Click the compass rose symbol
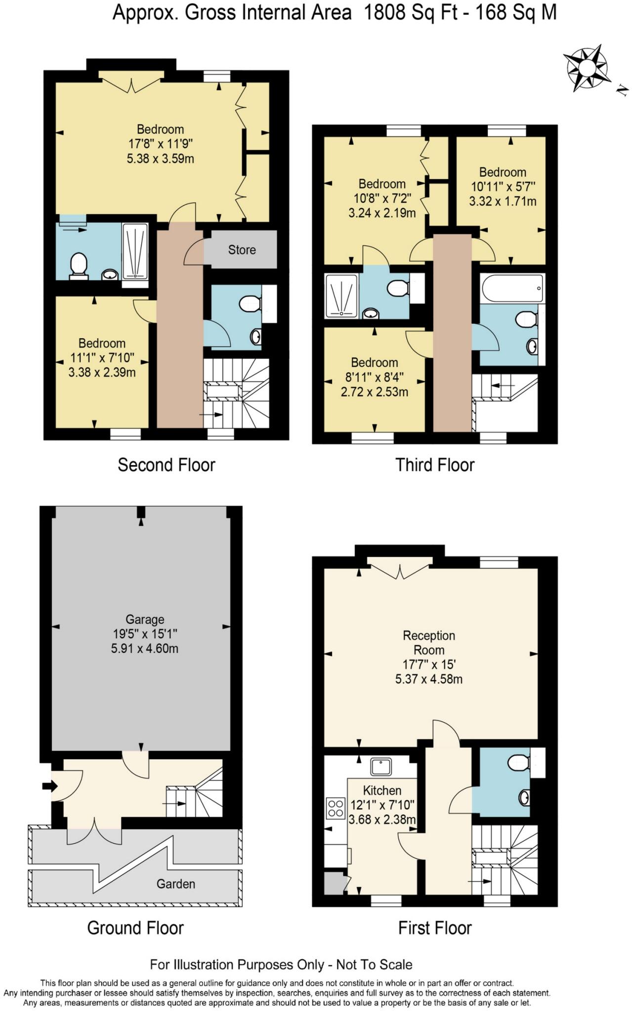click(x=587, y=68)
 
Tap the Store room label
click(x=242, y=250)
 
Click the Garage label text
click(x=145, y=620)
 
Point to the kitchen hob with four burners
click(x=336, y=809)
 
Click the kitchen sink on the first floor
click(x=381, y=767)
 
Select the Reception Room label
click(x=429, y=643)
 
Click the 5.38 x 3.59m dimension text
click(x=160, y=159)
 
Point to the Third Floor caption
click(x=435, y=465)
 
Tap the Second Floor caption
click(x=167, y=465)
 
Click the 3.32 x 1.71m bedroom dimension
click(x=503, y=201)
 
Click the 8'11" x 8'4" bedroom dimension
click(x=374, y=378)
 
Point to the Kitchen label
click(x=382, y=790)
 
